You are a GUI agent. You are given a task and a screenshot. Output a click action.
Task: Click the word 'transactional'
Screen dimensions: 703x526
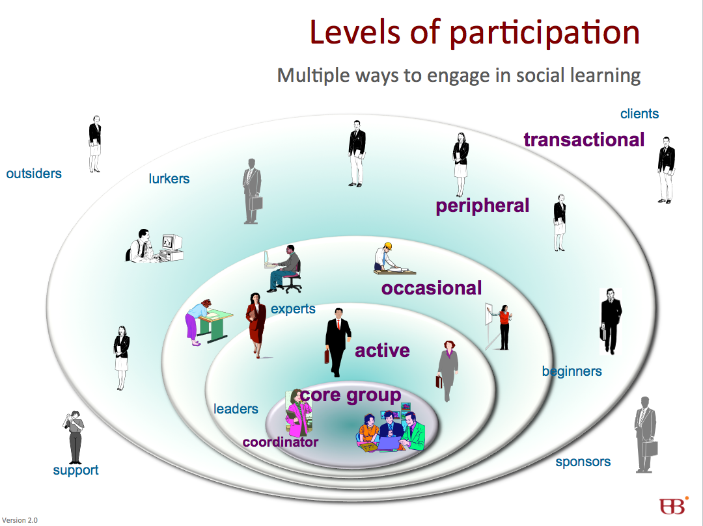pos(584,140)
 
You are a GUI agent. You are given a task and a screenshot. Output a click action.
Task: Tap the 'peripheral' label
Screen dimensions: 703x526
pos(482,206)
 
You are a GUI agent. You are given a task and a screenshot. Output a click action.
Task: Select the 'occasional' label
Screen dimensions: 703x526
pos(432,288)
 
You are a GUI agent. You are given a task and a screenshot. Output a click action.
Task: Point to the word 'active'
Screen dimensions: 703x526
pos(382,350)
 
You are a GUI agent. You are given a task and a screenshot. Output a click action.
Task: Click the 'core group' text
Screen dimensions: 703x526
pos(351,395)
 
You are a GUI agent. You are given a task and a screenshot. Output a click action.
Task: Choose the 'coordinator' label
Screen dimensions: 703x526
pos(280,442)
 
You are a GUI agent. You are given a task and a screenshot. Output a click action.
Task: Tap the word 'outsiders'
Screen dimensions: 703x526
pos(34,174)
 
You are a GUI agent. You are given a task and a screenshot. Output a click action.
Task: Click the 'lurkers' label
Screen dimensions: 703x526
pos(169,179)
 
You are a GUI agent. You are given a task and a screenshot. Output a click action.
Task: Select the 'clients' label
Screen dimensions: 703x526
pos(639,114)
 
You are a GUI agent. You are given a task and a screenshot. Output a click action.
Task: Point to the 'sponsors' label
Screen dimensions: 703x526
pos(583,462)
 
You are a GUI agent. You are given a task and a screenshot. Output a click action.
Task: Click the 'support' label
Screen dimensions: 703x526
pos(76,471)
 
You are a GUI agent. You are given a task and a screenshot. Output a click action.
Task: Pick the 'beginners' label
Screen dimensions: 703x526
pos(572,371)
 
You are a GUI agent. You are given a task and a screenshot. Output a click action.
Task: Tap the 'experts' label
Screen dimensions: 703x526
pos(293,309)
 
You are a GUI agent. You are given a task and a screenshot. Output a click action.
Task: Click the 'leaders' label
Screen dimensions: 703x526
pos(236,409)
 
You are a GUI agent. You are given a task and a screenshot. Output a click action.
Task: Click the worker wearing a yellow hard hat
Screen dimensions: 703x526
pos(394,259)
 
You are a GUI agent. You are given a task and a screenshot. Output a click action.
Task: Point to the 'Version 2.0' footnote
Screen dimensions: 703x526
pos(20,520)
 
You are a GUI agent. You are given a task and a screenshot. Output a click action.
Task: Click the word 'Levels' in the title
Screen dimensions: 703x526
pos(354,33)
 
